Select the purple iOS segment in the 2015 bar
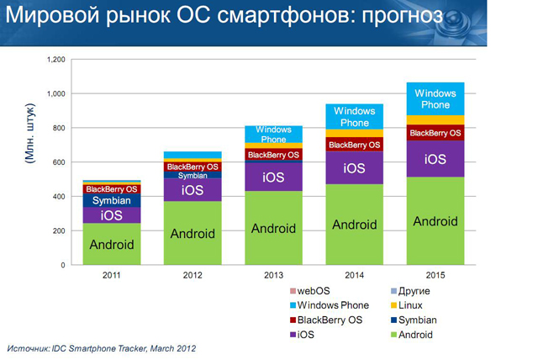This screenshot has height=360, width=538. (435, 159)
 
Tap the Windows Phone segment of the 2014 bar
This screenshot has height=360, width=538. (354, 117)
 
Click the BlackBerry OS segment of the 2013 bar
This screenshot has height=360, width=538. (273, 154)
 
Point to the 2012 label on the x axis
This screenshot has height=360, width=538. (193, 275)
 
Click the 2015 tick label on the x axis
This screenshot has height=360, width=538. (435, 275)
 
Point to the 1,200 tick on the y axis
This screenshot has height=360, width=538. (55, 60)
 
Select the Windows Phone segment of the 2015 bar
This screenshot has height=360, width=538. (435, 98)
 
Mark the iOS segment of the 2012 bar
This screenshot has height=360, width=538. (193, 190)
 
